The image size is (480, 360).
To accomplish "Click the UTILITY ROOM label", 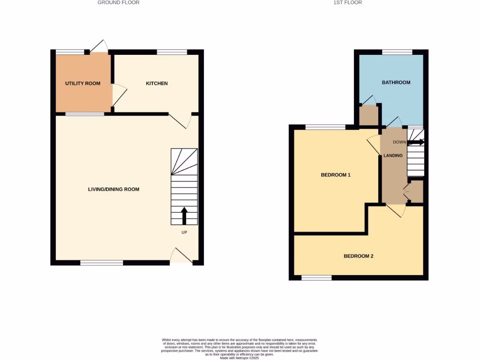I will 82,83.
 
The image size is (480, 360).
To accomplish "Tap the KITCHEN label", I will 157,83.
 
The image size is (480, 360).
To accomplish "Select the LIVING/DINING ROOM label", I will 113,189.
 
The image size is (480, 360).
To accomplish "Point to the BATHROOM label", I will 396,82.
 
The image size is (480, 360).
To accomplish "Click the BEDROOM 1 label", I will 336,175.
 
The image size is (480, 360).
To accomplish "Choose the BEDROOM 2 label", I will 359,256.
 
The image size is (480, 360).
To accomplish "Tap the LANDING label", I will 393,156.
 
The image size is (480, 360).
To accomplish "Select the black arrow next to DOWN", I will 416,142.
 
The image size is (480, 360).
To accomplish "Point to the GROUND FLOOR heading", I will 118,3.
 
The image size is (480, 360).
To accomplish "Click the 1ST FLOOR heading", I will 347,3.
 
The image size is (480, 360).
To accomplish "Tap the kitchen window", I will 172,52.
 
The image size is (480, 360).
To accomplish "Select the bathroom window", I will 397,52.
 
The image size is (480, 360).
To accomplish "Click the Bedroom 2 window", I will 316,277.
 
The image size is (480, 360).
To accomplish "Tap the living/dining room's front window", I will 102,263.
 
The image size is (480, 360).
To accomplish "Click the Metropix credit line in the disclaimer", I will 239,358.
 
